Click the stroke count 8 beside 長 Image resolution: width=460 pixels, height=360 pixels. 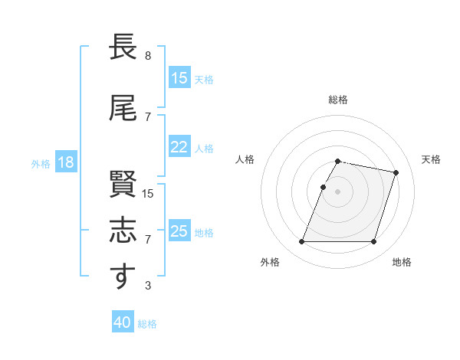tap(148, 56)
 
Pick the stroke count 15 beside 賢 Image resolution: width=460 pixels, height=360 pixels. tap(148, 194)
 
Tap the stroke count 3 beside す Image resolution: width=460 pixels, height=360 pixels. tap(148, 286)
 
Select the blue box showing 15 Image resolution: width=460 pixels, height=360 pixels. tap(179, 78)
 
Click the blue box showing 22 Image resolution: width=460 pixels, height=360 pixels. tap(179, 147)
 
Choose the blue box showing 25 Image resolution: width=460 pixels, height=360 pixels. tap(179, 231)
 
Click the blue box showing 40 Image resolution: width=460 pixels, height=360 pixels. tap(122, 322)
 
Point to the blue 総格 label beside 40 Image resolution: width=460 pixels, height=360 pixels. tap(148, 324)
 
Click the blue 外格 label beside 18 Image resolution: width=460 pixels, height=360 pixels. tap(41, 163)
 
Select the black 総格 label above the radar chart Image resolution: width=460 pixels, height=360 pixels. tap(338, 100)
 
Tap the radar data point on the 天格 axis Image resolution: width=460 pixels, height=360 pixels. tap(396, 173)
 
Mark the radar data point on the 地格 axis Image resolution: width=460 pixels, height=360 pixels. tap(373, 242)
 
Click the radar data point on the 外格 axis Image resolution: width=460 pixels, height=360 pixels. tap(302, 242)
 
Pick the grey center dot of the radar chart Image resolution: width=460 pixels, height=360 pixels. tap(338, 191)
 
